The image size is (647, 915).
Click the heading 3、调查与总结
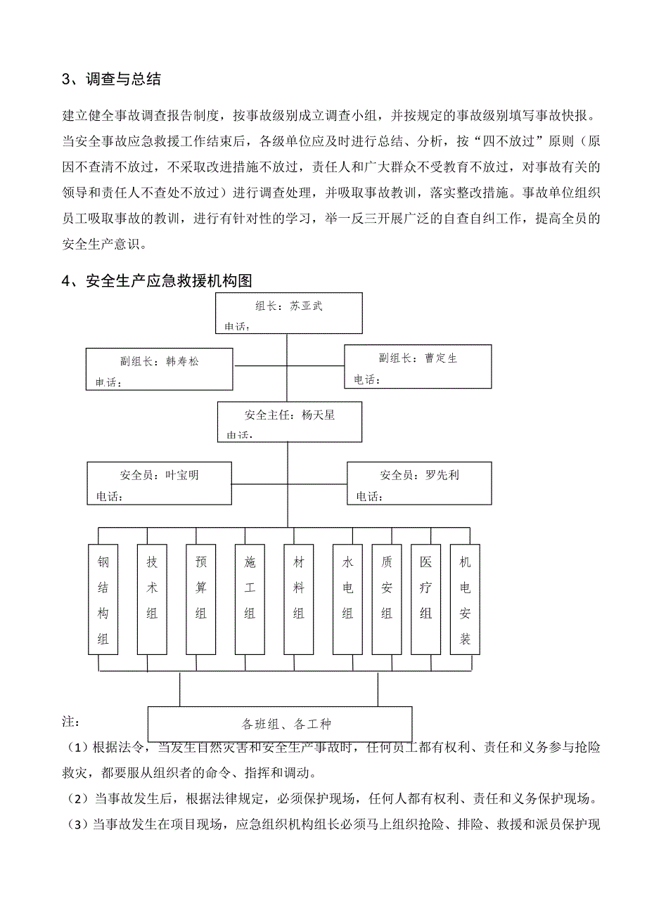[x=112, y=79]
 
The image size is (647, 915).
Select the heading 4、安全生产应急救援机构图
[x=157, y=282]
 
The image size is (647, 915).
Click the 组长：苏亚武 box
[x=288, y=313]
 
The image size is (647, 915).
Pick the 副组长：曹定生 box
[x=418, y=366]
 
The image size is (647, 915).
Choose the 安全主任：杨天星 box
[x=289, y=422]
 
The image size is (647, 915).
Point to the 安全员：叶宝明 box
[x=159, y=483]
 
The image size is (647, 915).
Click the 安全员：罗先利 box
[x=419, y=483]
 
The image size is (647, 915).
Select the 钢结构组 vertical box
[x=103, y=599]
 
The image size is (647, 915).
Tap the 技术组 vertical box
[x=152, y=599]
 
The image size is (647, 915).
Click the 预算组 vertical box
[x=200, y=599]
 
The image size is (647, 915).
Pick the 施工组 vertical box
[x=250, y=599]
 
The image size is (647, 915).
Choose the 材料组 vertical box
[x=298, y=599]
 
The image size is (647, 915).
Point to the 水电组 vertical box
[x=347, y=599]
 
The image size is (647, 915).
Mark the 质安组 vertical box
[x=386, y=599]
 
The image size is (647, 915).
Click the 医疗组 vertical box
[x=425, y=599]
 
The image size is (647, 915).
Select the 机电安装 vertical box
[x=465, y=599]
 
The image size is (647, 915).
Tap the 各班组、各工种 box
[x=279, y=725]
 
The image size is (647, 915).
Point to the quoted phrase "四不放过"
[x=509, y=141]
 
